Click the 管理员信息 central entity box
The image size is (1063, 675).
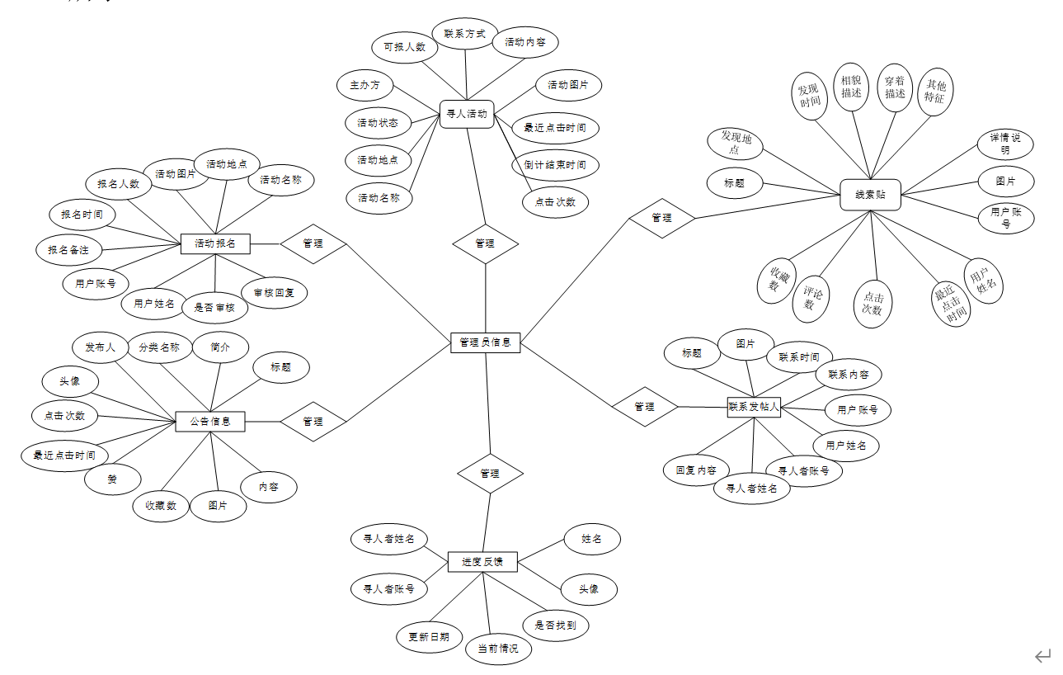pyautogui.click(x=486, y=342)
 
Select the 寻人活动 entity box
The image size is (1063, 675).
pyautogui.click(x=467, y=115)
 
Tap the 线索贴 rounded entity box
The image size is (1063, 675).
pyautogui.click(x=870, y=195)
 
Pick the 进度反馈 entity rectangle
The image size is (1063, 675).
pyautogui.click(x=482, y=562)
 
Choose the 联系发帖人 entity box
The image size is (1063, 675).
pyautogui.click(x=754, y=406)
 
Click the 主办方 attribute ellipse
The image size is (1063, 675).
pyautogui.click(x=365, y=85)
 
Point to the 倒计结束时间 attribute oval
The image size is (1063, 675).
pyautogui.click(x=555, y=164)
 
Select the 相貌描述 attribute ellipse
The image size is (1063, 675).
pyautogui.click(x=851, y=87)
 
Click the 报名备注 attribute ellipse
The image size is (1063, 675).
pyautogui.click(x=68, y=249)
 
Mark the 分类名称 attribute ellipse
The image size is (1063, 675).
pyautogui.click(x=159, y=347)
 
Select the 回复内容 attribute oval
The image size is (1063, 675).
pyautogui.click(x=696, y=470)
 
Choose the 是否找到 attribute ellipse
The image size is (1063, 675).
pyautogui.click(x=556, y=625)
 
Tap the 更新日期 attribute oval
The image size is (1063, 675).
pyautogui.click(x=429, y=637)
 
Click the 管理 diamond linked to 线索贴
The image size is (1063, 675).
pyautogui.click(x=662, y=218)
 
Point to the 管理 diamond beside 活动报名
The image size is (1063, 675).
pyautogui.click(x=313, y=243)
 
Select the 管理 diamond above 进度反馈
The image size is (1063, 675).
pyautogui.click(x=490, y=474)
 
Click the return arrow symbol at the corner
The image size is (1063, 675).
pyautogui.click(x=1043, y=656)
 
